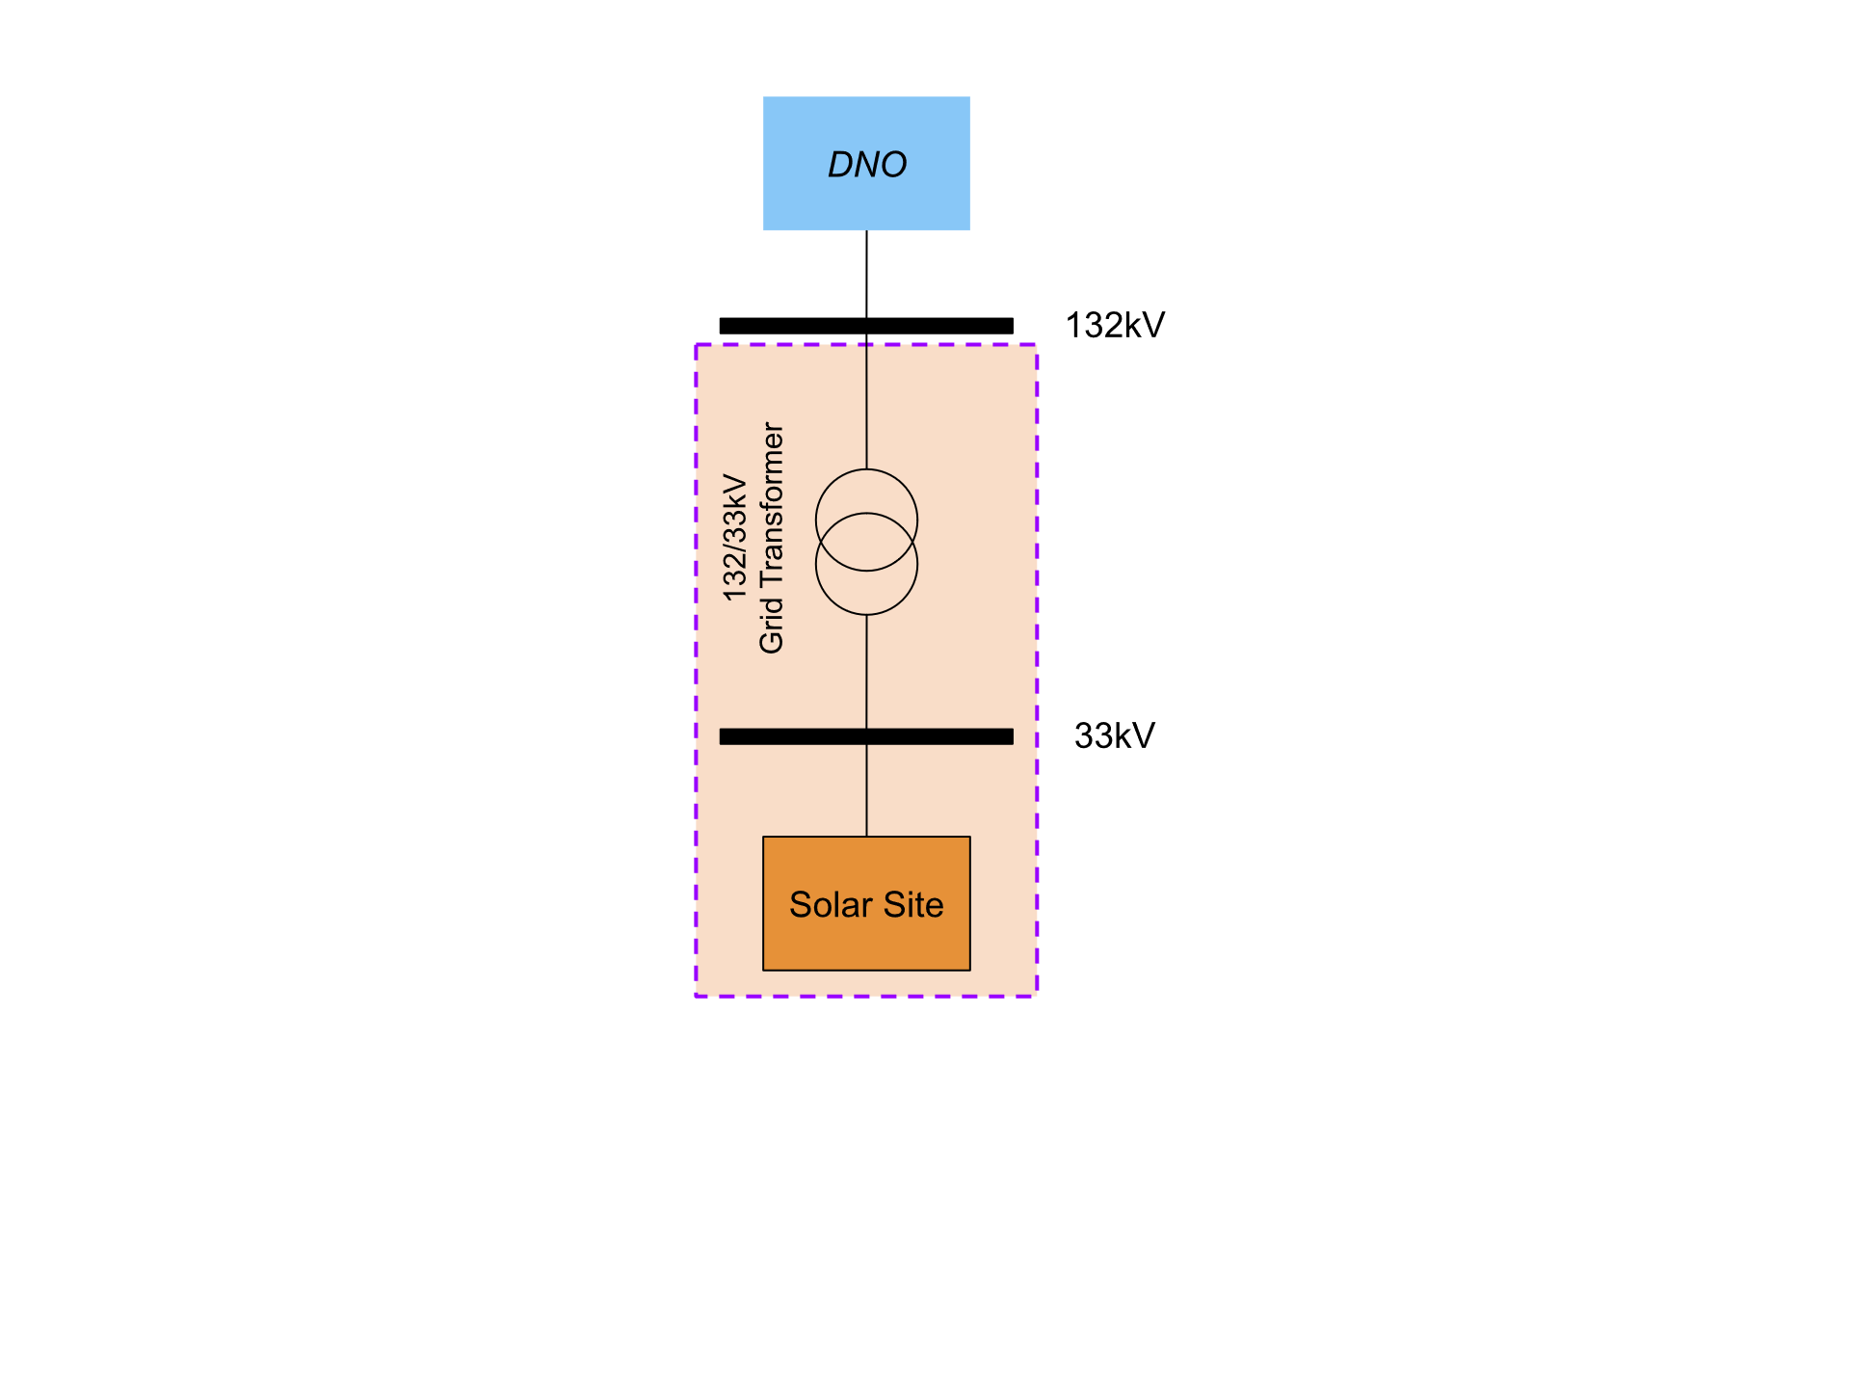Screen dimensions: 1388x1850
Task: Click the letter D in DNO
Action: pos(839,165)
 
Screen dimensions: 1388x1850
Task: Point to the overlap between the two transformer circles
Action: pos(866,542)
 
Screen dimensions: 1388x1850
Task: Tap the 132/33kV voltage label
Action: pos(735,538)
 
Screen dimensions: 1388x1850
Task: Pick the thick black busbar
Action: pos(925,736)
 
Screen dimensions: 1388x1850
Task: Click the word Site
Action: pos(913,905)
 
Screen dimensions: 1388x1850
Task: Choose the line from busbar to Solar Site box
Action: pos(866,790)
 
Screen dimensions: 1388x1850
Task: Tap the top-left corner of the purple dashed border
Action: pos(697,345)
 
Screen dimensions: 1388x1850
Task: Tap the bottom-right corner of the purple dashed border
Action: pos(1037,995)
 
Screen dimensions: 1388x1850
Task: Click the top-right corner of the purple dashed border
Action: pos(1037,345)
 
